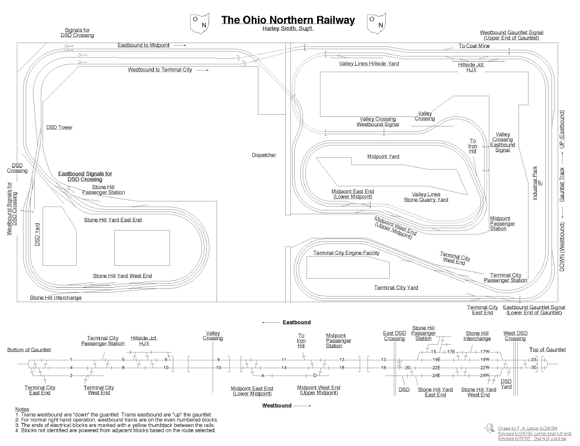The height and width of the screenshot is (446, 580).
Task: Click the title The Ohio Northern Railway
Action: click(288, 20)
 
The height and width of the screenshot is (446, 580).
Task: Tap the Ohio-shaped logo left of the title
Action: click(201, 22)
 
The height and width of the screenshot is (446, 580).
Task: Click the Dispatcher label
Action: click(264, 155)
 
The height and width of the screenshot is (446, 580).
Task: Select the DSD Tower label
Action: click(59, 128)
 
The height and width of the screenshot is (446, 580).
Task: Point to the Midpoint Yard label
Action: click(383, 157)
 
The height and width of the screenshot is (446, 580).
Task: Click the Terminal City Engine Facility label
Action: click(346, 253)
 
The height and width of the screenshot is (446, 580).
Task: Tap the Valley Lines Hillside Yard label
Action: click(369, 64)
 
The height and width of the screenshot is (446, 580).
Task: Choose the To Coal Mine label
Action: click(474, 46)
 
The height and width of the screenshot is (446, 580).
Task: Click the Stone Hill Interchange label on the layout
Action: click(55, 298)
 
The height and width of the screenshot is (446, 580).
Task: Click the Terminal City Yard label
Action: click(396, 288)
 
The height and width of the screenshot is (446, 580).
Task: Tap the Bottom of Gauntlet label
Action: click(29, 350)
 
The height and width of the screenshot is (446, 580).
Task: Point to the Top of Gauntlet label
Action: click(548, 350)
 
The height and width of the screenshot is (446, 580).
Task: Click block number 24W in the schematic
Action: click(485, 375)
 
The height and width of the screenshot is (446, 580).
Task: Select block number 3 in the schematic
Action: click(71, 375)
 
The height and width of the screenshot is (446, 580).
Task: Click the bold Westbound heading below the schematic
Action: click(276, 405)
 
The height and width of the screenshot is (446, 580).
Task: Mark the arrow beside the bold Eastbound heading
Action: click(271, 323)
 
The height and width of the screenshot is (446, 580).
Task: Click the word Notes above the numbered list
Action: click(23, 410)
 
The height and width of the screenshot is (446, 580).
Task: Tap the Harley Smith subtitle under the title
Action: click(288, 29)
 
